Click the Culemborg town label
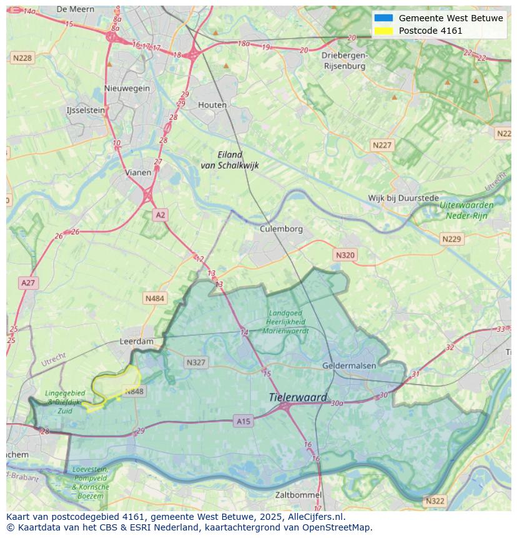point(281,229)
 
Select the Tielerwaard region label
point(298,397)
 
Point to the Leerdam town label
point(136,342)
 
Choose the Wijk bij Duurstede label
point(403,198)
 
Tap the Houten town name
point(212,105)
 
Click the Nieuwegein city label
point(127,88)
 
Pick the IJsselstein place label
point(86,110)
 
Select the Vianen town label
point(138,172)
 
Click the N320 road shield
point(345,255)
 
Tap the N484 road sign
point(154,299)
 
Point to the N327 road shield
point(196,362)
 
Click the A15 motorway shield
point(244,422)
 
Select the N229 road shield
point(451,239)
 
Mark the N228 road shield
point(22,58)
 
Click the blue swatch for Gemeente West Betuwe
point(383,18)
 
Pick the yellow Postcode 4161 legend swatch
point(383,31)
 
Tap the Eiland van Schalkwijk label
point(229,160)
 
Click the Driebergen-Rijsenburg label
point(343,60)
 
